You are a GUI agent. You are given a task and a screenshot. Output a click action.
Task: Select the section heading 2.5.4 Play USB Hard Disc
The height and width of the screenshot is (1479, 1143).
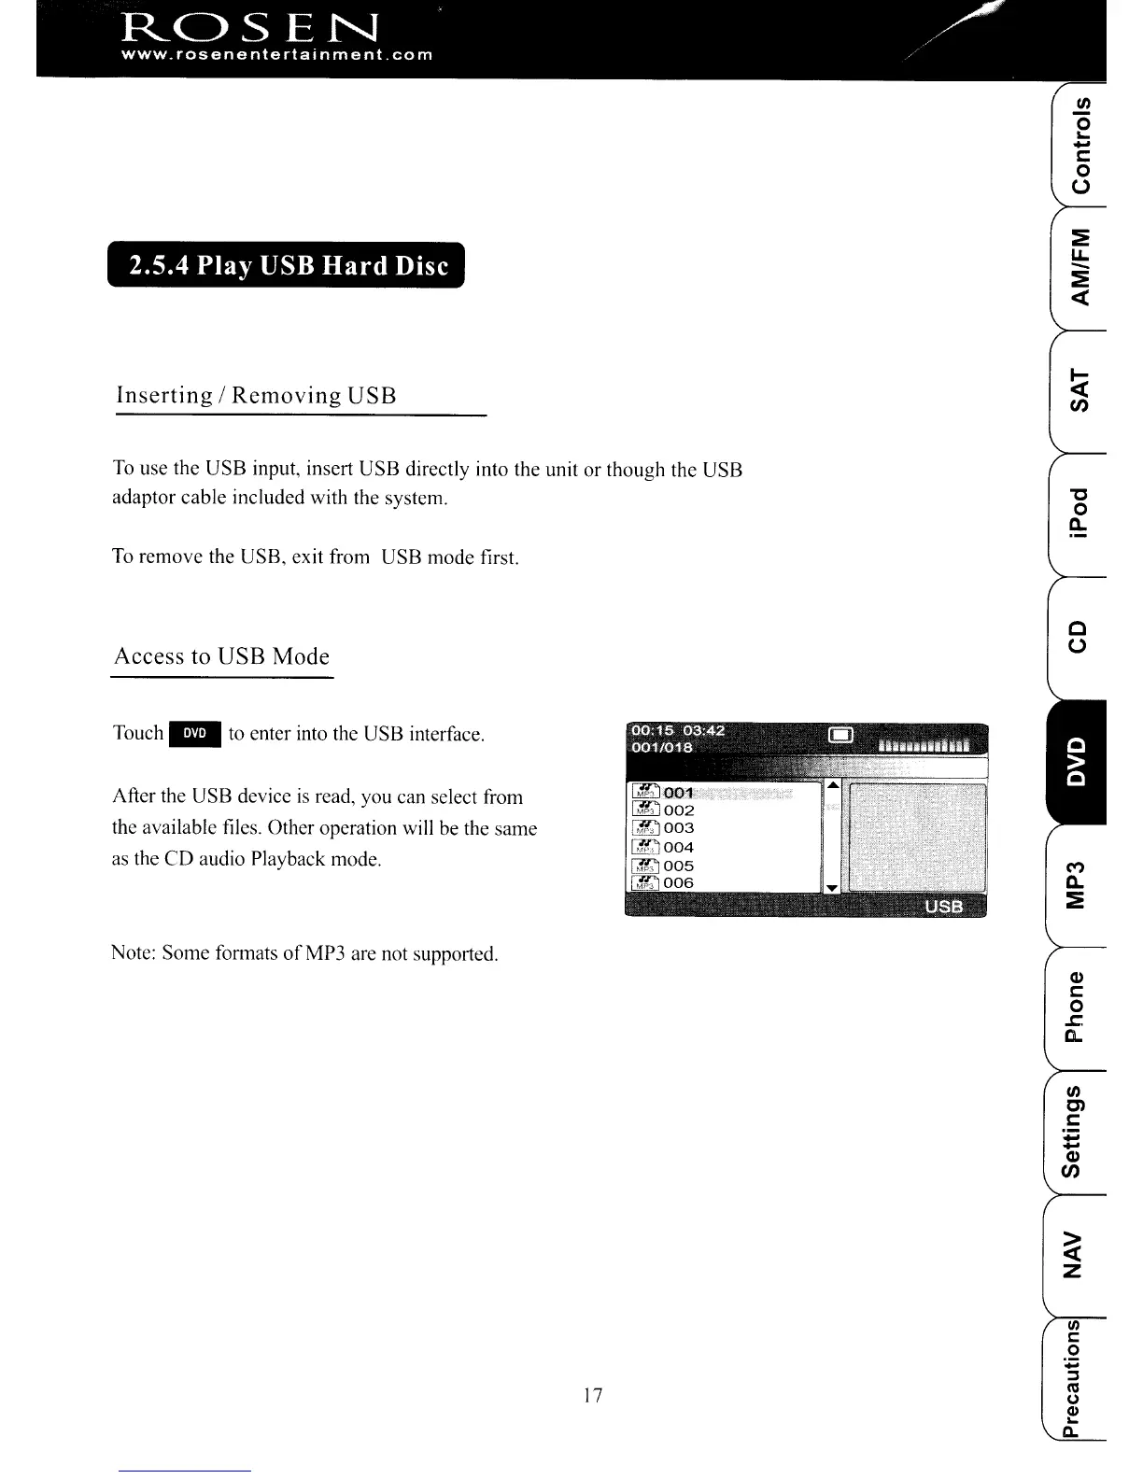(x=287, y=266)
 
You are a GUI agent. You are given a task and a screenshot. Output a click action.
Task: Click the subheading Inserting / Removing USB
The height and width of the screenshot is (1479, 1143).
(x=256, y=395)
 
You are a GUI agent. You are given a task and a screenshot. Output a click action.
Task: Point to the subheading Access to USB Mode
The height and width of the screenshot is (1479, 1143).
(x=221, y=656)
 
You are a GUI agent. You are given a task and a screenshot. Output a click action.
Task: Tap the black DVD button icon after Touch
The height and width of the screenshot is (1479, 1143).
(x=194, y=734)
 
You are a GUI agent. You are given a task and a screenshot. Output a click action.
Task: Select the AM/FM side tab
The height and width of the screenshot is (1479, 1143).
(x=1079, y=267)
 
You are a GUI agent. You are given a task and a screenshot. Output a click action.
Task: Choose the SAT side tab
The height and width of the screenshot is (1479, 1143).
(x=1079, y=390)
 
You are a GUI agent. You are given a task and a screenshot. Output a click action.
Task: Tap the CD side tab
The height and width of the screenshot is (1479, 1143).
(x=1079, y=637)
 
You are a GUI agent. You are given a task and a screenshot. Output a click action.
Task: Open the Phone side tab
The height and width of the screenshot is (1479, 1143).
(x=1078, y=1007)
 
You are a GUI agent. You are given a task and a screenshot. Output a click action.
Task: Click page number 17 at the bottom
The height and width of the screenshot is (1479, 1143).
(x=592, y=1395)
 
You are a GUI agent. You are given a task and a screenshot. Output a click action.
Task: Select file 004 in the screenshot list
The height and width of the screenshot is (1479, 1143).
(x=678, y=848)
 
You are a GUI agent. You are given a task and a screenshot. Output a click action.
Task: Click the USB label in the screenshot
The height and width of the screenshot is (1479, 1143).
(x=942, y=908)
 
